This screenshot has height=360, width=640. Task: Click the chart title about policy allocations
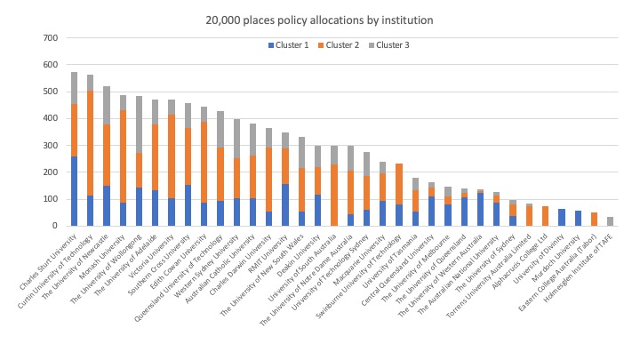320,18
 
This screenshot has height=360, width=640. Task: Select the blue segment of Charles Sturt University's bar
74,191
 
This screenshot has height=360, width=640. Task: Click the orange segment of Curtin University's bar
90,143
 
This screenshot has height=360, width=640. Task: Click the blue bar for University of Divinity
562,218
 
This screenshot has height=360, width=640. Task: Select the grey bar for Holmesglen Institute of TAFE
611,221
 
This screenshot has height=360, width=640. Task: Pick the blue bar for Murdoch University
579,219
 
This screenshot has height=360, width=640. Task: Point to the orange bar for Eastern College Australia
595,220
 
